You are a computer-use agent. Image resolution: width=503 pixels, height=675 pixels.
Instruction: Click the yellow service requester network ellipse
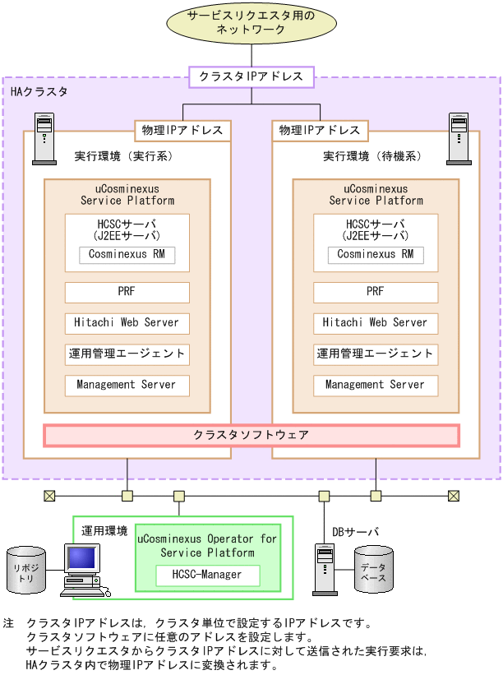click(251, 22)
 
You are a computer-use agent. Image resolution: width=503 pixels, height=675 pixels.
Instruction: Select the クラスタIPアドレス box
click(251, 77)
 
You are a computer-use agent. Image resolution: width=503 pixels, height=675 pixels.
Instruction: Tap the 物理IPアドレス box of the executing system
click(182, 131)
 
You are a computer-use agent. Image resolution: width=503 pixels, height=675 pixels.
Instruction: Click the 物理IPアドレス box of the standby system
click(321, 131)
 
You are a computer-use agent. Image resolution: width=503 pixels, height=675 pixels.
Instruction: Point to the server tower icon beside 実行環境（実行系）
click(44, 139)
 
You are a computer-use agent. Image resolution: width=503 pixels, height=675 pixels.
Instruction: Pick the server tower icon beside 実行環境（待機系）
click(459, 139)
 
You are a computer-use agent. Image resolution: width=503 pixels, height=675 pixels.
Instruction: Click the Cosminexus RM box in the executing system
click(127, 254)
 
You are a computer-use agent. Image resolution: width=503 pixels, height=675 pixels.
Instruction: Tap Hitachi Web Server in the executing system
click(127, 323)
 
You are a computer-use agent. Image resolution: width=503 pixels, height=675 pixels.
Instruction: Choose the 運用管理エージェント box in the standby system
click(376, 354)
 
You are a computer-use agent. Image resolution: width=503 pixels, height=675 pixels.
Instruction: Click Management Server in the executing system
click(127, 386)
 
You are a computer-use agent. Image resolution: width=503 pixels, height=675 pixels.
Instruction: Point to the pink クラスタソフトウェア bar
click(251, 435)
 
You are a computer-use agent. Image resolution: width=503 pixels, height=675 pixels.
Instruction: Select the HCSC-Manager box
click(208, 576)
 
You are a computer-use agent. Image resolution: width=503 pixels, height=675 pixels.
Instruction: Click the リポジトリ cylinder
click(26, 570)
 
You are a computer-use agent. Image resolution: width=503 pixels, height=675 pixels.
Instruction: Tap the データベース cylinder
click(373, 569)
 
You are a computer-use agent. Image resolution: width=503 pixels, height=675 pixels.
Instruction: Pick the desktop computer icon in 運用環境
click(85, 570)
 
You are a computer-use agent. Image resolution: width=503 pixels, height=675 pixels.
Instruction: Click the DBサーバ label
click(355, 532)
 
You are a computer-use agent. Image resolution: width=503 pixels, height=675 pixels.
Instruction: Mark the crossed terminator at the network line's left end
click(49, 496)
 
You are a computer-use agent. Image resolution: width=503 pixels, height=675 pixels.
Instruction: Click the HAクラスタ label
click(39, 92)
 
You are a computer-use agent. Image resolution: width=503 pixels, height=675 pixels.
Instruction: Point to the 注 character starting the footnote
click(8, 623)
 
